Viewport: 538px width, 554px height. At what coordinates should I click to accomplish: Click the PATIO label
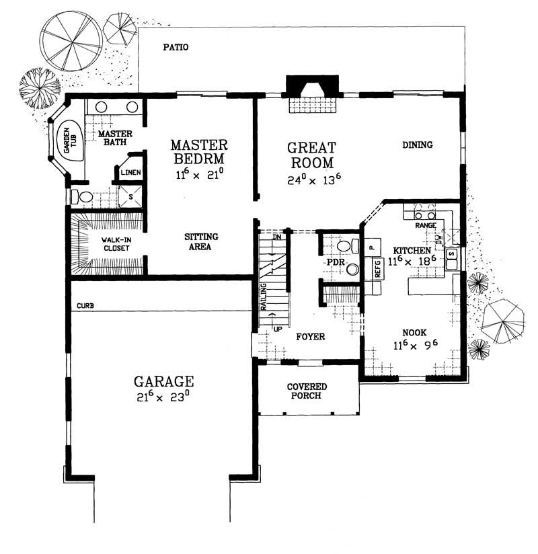pos(175,48)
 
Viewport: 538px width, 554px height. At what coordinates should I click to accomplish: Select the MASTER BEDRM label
pos(198,152)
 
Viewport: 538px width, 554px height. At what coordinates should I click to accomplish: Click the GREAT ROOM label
pos(311,155)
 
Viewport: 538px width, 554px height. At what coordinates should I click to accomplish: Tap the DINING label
pos(417,145)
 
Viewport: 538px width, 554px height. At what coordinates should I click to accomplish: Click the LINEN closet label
pos(130,173)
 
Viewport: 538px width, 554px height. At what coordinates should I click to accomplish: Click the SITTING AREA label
pos(201,242)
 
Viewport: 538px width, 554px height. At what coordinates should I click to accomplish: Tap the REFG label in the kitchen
pos(378,269)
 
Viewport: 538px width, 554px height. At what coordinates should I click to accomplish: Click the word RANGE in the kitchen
pos(426,226)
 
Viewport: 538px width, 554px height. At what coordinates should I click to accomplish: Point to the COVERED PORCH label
pos(307,391)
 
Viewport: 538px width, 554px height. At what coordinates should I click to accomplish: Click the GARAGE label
pos(163,382)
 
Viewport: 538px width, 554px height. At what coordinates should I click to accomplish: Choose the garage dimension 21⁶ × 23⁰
pos(163,397)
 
